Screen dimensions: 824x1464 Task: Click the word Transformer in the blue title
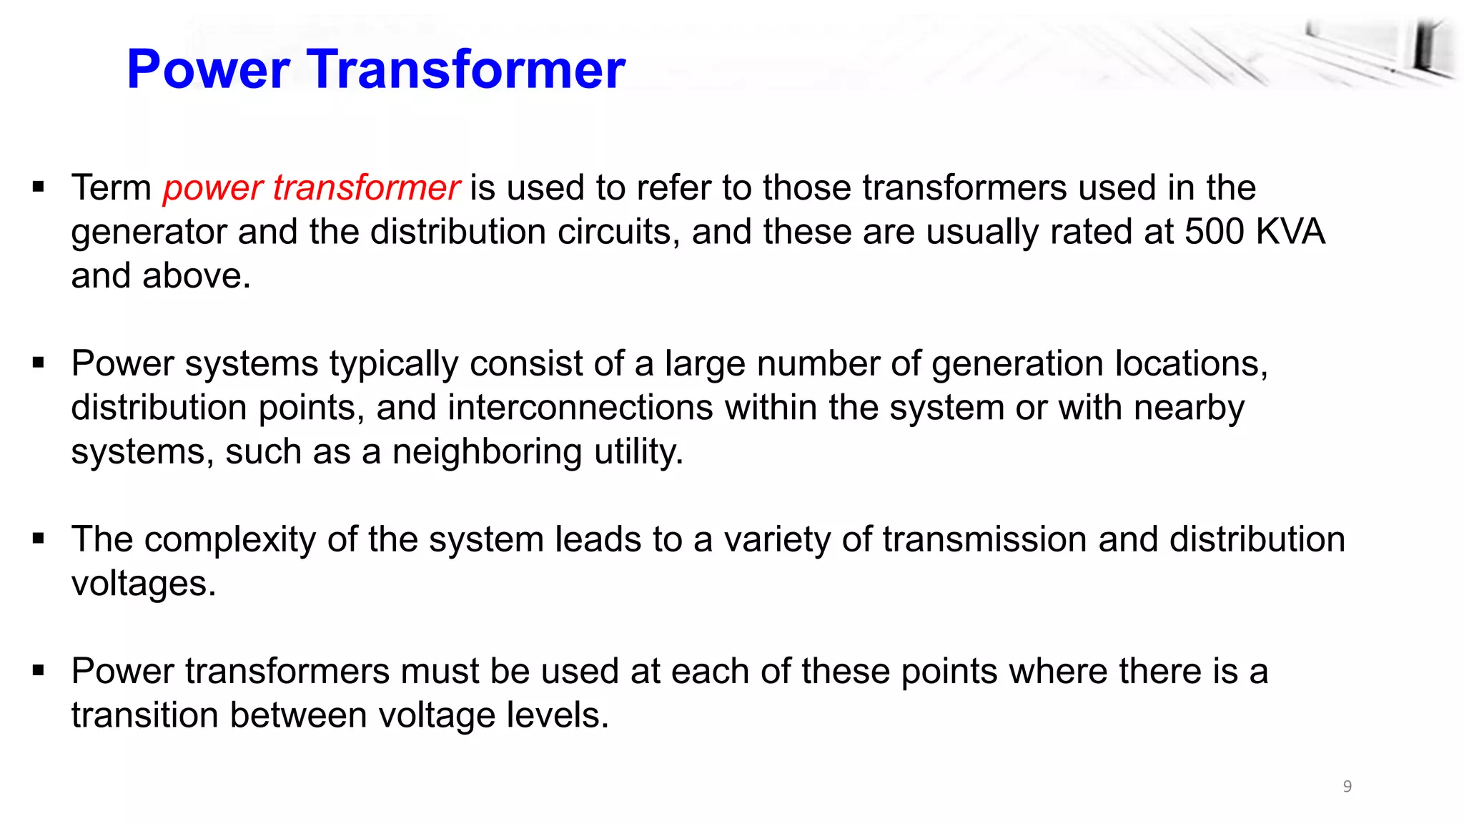click(x=467, y=69)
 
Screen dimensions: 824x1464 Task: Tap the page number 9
click(x=1347, y=786)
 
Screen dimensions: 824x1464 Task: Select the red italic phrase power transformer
click(x=311, y=188)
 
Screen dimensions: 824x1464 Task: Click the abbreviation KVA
click(x=1290, y=232)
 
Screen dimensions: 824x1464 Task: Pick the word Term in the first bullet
click(x=111, y=188)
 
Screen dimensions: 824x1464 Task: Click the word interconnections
click(x=580, y=408)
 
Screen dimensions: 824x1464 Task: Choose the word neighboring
click(x=487, y=452)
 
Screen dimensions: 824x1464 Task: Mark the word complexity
click(x=229, y=540)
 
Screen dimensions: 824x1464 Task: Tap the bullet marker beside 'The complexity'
click(x=39, y=539)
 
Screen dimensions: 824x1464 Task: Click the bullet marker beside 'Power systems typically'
click(x=39, y=363)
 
